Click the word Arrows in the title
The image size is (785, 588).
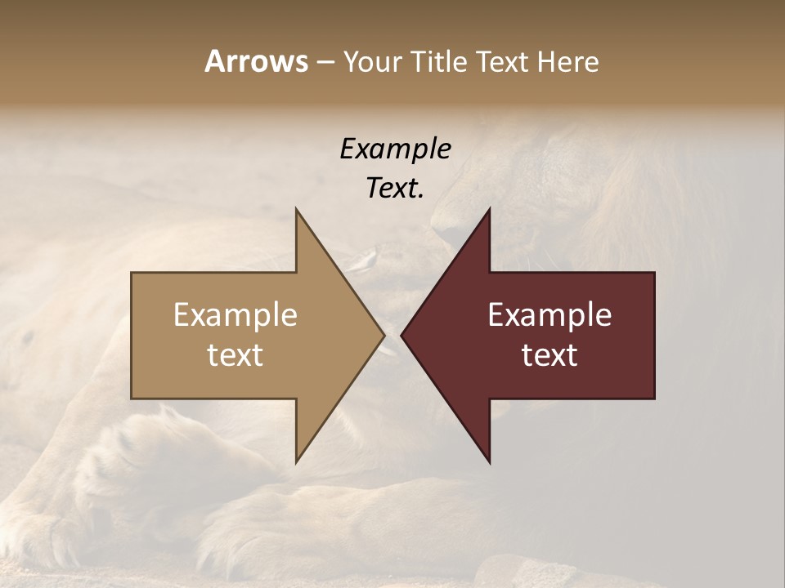(256, 61)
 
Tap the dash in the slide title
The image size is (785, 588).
(325, 62)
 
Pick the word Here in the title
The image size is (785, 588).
(569, 61)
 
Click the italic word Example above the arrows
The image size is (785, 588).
(395, 149)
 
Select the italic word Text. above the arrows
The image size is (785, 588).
(395, 189)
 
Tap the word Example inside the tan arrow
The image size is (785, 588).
(235, 315)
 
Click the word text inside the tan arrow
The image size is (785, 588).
(235, 355)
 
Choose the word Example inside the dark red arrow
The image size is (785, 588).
(549, 315)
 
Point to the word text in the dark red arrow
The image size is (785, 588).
(549, 355)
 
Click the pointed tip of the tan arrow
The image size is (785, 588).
(384, 335)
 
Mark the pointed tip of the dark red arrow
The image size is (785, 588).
(402, 335)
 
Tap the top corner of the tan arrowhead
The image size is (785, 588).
(297, 210)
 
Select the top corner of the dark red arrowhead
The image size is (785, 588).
(489, 210)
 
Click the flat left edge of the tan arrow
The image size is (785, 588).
(132, 335)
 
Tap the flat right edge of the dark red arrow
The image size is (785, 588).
(654, 335)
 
